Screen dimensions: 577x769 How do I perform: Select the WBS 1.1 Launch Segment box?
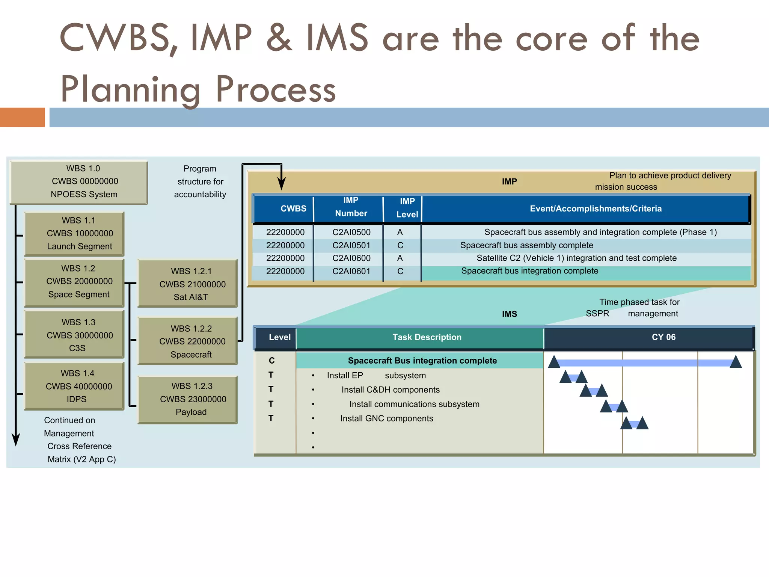tap(74, 234)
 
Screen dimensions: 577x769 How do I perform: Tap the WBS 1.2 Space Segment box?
tap(74, 282)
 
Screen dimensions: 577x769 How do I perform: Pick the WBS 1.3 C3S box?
tap(74, 335)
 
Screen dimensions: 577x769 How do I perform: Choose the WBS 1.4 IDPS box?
tap(74, 386)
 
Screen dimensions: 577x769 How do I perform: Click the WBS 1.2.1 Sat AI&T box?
tap(188, 284)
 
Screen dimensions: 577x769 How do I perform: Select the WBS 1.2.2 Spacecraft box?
tap(188, 341)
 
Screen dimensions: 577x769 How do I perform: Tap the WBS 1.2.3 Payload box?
tap(188, 399)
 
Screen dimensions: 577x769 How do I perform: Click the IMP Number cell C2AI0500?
tap(351, 233)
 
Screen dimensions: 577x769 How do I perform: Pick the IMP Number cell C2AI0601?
tap(351, 272)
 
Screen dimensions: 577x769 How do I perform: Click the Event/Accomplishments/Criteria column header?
tap(596, 209)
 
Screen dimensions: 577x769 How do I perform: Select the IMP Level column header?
tap(407, 208)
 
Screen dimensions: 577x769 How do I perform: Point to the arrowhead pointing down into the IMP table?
tap(281, 184)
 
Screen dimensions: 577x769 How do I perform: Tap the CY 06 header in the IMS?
tap(663, 337)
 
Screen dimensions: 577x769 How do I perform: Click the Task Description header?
tap(427, 337)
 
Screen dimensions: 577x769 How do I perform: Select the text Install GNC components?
tap(386, 418)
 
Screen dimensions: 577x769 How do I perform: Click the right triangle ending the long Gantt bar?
tap(736, 362)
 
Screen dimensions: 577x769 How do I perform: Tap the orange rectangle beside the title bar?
tap(23, 117)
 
